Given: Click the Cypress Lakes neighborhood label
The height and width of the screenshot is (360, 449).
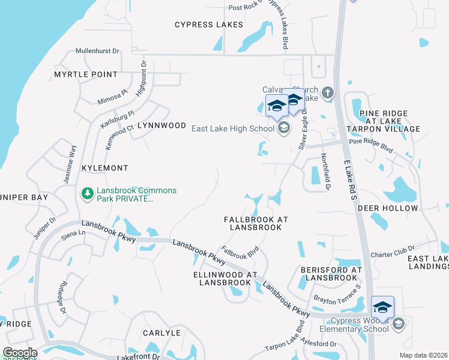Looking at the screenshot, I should tap(209, 25).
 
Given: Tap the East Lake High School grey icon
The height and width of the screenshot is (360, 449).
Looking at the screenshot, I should tap(284, 128).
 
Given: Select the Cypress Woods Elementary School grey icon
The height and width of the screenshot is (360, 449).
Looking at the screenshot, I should tap(397, 325).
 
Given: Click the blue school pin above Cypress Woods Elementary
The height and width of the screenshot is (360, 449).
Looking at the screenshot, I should tap(382, 307).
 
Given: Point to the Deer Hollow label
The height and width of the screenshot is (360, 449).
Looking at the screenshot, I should tap(387, 208).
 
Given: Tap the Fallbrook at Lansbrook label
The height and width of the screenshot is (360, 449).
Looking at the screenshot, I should tap(256, 224).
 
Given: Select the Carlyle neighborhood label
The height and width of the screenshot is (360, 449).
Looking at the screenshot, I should tap(161, 332).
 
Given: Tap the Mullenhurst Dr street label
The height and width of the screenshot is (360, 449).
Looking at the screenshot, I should tap(98, 52).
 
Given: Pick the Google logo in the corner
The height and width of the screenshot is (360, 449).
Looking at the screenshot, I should tap(19, 353).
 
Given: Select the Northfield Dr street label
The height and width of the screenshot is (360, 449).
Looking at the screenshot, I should tap(326, 172).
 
